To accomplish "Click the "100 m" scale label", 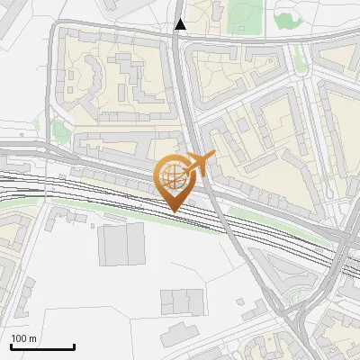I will (x=23, y=337).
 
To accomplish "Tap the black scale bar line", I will (x=42, y=346).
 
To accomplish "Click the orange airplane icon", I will (x=199, y=163).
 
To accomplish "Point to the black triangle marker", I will (x=181, y=24).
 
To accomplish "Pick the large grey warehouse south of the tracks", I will (x=121, y=244).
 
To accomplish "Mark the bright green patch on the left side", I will (x=59, y=130).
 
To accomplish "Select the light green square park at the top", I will (x=241, y=15).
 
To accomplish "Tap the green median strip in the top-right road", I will (x=298, y=58).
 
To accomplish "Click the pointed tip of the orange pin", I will (x=173, y=211).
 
